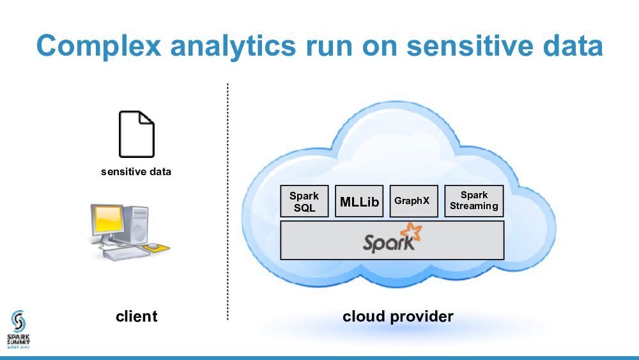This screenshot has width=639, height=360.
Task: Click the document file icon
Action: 136,134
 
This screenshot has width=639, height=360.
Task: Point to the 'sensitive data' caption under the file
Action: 136,171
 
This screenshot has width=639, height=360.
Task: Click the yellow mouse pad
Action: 157,246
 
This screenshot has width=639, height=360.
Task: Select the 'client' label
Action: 136,316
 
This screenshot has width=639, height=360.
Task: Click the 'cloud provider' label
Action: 397,316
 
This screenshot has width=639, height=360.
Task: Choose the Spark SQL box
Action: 304,201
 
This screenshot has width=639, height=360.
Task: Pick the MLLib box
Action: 359,201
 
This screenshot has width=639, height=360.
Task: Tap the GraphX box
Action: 412,201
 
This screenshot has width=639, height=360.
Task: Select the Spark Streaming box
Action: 473,201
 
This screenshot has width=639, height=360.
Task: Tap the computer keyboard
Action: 125,253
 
